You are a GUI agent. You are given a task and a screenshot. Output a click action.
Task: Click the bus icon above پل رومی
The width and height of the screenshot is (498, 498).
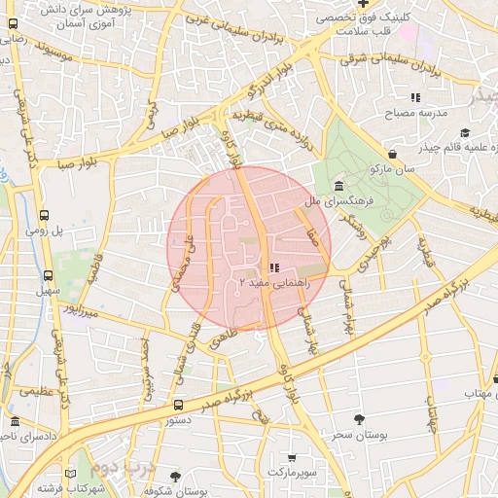44,216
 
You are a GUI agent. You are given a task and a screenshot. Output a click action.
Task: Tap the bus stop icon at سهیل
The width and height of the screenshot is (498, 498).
44,274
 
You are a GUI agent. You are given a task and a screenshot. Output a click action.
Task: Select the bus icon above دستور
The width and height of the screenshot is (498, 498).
178,405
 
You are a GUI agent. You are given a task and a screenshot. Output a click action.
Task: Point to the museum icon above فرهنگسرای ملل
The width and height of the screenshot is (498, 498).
338,186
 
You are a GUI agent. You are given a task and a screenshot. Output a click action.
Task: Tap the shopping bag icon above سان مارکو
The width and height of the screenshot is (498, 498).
392,154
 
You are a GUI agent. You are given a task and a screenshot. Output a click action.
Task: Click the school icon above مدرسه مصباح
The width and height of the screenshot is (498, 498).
415,97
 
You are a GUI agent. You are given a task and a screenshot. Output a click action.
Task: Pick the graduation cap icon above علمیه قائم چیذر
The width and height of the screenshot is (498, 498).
465,131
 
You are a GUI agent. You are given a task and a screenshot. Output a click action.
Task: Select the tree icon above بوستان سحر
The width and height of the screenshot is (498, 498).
361,419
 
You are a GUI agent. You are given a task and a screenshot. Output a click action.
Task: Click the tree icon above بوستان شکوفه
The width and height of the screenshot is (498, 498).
175,477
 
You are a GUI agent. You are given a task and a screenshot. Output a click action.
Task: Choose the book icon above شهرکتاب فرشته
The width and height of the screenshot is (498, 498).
72,471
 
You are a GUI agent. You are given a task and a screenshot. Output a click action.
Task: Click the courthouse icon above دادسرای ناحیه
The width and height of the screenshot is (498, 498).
15,422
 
